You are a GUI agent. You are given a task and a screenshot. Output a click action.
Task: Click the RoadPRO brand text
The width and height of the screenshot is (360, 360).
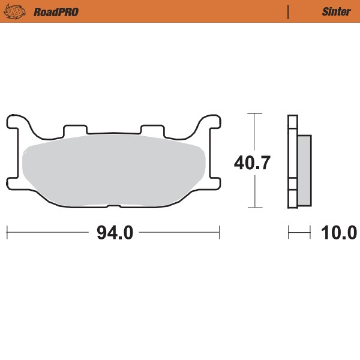(56, 11)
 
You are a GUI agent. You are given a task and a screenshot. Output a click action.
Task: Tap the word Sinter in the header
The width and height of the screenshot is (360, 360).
(337, 11)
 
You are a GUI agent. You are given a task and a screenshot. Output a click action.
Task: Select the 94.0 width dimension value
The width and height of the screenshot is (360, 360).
(114, 232)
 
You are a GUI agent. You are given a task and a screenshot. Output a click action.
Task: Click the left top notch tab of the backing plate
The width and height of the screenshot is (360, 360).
(74, 129)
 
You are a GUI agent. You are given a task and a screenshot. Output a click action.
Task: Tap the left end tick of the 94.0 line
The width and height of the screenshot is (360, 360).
(7, 232)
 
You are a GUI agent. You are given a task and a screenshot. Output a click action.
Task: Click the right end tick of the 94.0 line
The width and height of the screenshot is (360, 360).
(220, 232)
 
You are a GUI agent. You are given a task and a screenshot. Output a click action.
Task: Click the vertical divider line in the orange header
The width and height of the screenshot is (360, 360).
(289, 11)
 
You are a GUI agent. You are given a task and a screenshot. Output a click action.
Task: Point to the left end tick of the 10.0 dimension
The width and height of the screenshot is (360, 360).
(289, 232)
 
